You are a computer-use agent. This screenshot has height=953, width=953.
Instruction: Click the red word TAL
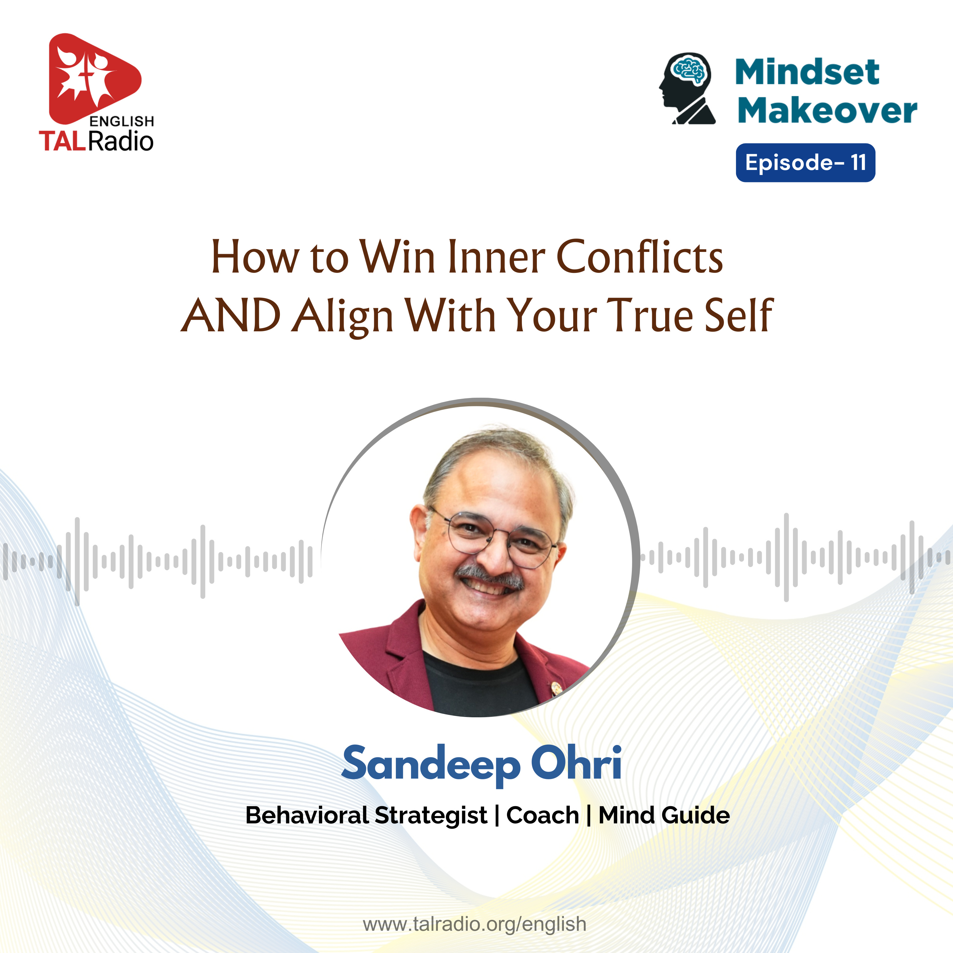point(63,141)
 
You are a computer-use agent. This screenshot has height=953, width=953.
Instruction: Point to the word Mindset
point(807,72)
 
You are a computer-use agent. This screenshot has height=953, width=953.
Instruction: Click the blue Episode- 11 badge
point(806,163)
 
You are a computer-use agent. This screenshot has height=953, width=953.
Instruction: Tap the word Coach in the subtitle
point(543,815)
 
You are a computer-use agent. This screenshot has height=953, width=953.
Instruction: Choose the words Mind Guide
point(664,815)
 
